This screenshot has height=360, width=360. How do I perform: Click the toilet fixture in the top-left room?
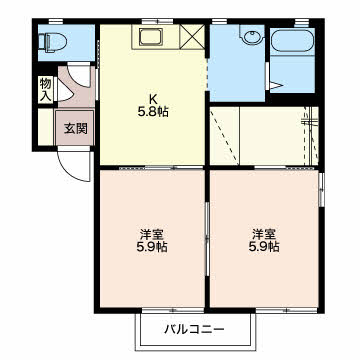52,42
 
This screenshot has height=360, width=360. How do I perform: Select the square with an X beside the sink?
192,37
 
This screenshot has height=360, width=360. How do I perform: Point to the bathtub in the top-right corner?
293,41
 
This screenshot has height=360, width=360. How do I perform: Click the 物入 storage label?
46,89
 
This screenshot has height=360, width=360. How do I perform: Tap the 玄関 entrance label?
76,128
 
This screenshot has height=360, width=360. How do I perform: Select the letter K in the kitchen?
153,99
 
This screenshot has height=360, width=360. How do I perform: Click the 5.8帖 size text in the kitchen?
153,112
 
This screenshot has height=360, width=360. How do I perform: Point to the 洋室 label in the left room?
152,234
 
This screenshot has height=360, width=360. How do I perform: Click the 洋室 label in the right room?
264,234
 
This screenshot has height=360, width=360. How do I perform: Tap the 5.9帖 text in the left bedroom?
152,247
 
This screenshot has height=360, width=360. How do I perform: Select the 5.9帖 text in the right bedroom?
264,247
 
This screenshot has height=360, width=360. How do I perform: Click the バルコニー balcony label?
194,330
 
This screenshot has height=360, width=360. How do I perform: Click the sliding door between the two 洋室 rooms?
207,237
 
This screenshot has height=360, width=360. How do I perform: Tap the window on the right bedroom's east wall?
321,189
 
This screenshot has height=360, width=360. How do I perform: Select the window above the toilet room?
56,22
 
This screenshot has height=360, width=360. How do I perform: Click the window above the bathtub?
302,22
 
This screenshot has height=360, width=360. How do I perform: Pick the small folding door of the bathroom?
275,86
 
